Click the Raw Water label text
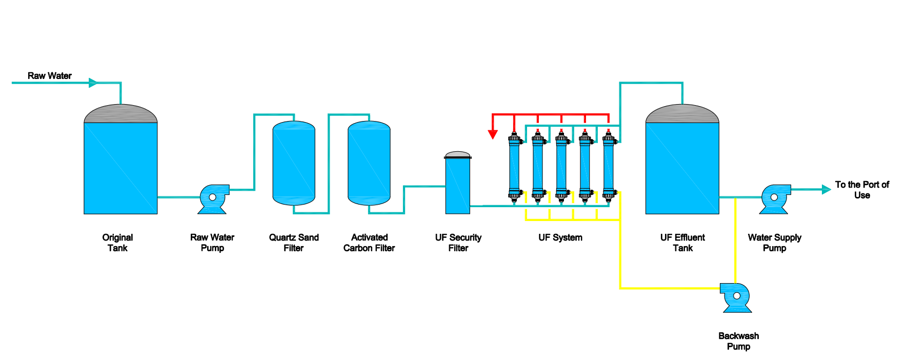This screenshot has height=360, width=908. (49, 76)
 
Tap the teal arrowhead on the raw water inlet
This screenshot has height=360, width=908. (93, 83)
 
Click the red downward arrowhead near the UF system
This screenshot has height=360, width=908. (493, 134)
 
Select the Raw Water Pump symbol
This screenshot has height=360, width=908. (213, 198)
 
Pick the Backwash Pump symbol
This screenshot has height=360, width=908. (736, 297)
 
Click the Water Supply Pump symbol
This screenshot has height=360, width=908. (775, 198)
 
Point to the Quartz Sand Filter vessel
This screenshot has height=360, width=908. (294, 163)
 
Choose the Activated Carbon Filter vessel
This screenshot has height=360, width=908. (369, 163)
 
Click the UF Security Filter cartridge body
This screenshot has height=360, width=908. (458, 186)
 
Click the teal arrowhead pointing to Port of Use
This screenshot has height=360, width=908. (826, 189)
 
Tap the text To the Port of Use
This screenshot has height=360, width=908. (862, 190)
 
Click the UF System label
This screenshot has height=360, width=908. (560, 237)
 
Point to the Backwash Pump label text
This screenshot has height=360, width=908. (738, 341)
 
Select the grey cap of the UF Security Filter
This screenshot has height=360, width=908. (458, 154)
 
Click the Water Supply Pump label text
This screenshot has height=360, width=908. (774, 243)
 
